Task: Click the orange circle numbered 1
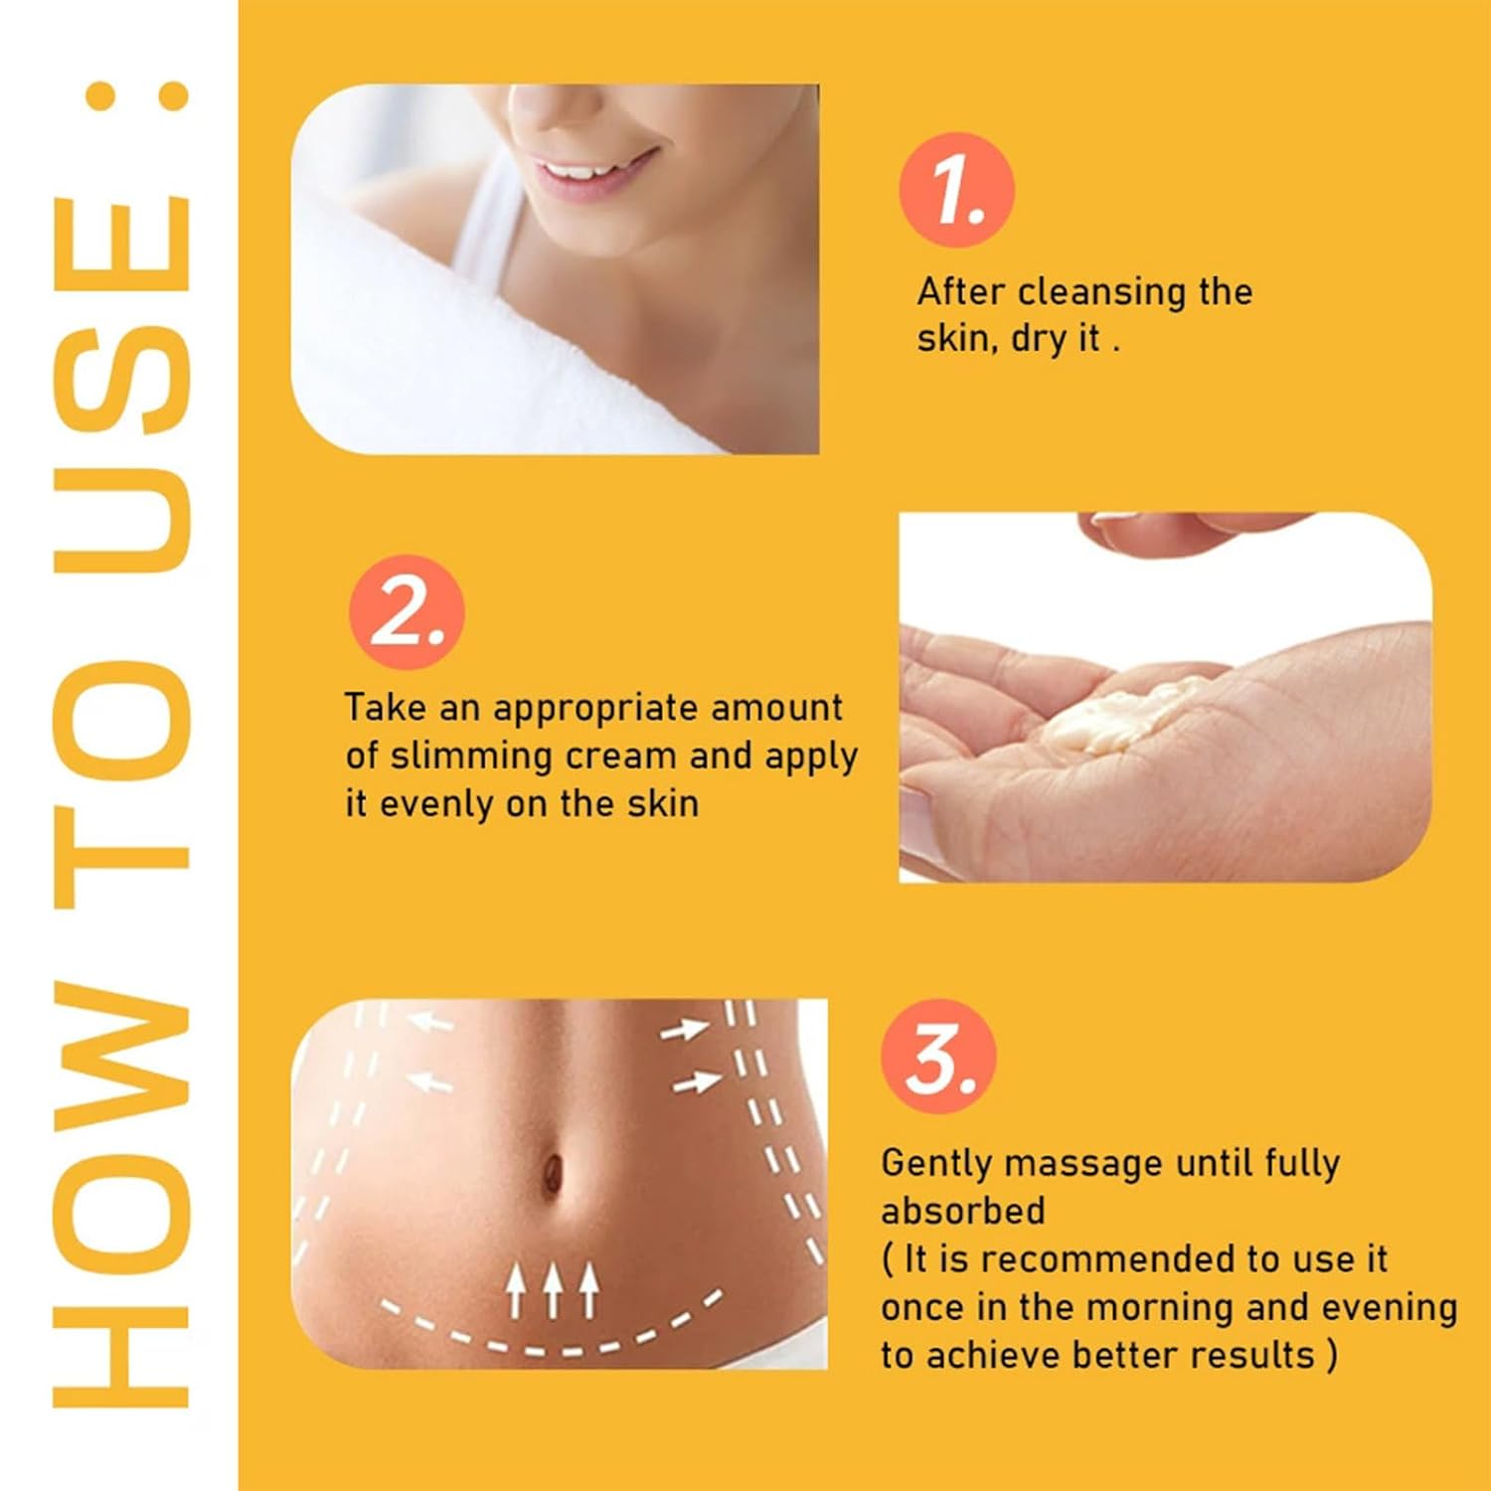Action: click(956, 190)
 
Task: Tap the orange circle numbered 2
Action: click(407, 611)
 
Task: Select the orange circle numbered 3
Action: click(938, 1057)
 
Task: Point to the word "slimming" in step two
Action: click(471, 756)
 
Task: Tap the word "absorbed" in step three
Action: click(963, 1211)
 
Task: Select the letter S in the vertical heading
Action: click(121, 382)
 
